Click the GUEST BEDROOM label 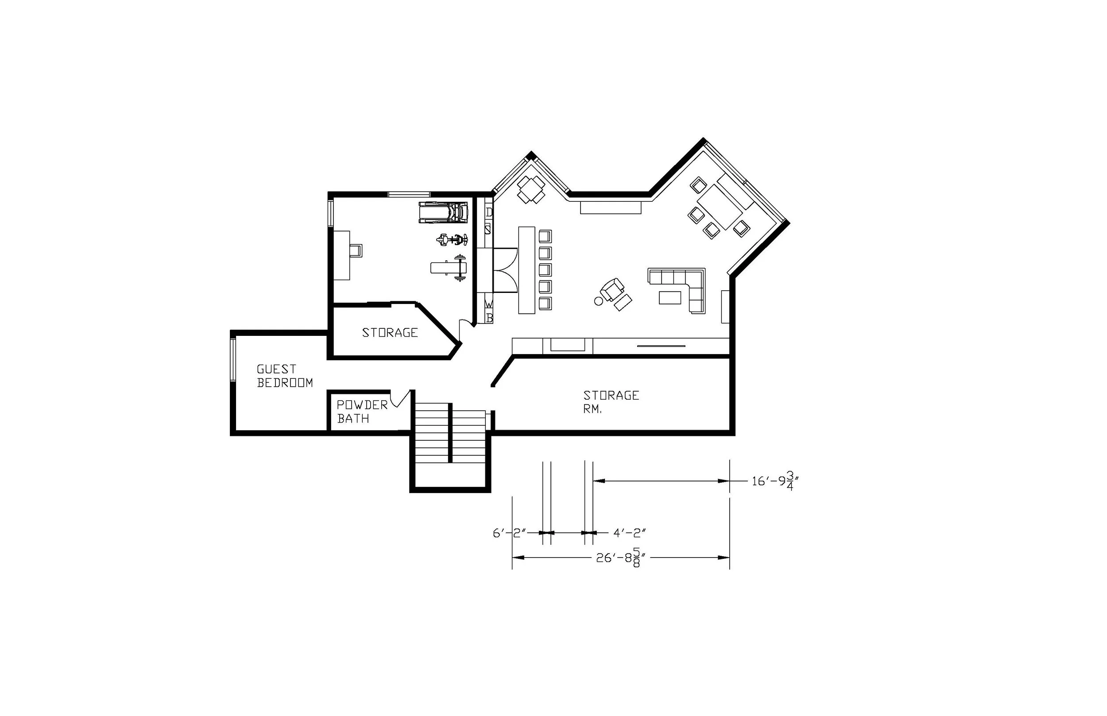[285, 376]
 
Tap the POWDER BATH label [362, 412]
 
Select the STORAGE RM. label [611, 402]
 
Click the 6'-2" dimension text [509, 533]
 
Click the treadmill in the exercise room [443, 212]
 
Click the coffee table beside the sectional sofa [670, 297]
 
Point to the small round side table [599, 301]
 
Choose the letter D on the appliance [489, 212]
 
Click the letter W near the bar [489, 304]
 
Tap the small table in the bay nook [531, 189]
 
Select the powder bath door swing [400, 399]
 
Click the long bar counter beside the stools [526, 270]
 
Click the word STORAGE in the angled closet [390, 332]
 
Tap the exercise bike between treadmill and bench [452, 240]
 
